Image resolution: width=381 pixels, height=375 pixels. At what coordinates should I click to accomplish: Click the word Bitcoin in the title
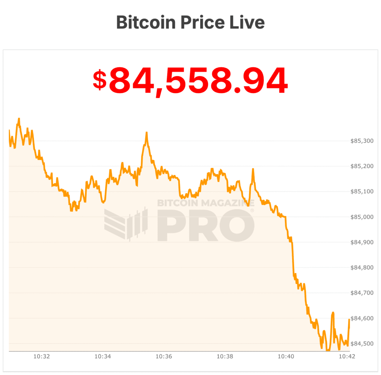(146, 22)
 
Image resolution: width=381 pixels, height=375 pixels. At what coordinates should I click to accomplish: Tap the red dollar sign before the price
(99, 80)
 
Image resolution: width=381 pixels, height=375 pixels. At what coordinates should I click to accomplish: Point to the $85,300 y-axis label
(362, 141)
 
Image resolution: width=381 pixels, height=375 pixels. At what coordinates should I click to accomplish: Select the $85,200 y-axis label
(362, 166)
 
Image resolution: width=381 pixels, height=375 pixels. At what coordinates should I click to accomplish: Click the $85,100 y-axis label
(362, 192)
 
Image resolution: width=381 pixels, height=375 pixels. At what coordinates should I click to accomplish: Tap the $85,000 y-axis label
(362, 217)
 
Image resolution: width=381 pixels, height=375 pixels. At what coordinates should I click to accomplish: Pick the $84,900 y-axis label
(362, 242)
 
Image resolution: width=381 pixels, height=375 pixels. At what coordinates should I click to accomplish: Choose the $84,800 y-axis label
(362, 267)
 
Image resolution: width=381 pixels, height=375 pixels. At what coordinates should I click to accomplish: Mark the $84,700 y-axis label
(362, 293)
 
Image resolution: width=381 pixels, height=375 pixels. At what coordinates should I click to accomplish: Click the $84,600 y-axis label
(362, 318)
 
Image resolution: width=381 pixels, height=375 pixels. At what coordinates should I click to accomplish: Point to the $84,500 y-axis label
(362, 343)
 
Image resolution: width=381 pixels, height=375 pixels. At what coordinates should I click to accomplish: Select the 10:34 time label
(102, 356)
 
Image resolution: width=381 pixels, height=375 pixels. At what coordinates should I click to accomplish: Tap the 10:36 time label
(164, 356)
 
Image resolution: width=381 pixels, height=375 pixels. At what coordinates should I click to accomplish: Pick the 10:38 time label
(225, 356)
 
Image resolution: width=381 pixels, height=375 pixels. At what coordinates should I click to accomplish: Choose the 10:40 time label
(286, 356)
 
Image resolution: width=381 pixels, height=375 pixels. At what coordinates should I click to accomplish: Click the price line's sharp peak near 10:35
(147, 132)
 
